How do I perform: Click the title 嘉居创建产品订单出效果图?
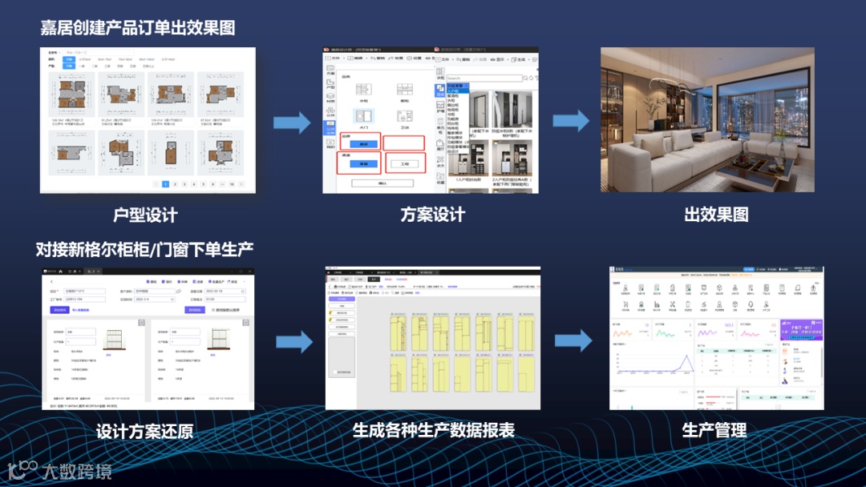138,27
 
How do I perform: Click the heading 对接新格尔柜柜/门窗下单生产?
144,249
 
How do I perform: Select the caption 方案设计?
432,215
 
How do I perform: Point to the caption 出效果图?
716,215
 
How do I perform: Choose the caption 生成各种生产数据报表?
433,430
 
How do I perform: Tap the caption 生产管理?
714,430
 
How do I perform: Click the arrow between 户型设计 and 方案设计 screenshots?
291,123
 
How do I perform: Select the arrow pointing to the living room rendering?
570,120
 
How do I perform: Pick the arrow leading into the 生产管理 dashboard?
573,340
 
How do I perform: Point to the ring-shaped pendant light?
680,87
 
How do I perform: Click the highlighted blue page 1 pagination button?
165,184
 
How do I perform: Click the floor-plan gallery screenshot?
148,120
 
